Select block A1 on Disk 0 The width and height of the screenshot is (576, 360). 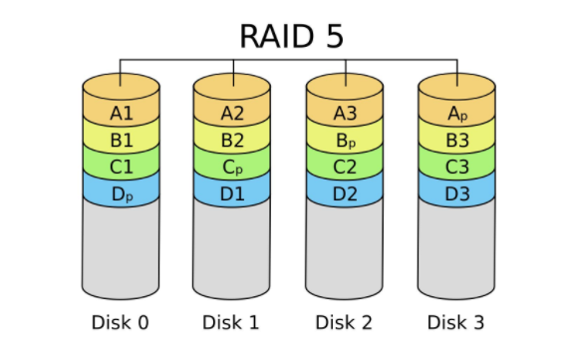point(121,112)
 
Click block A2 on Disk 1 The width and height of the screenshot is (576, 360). point(232,112)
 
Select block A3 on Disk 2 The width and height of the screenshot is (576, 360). point(345,112)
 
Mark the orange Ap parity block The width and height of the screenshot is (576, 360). point(456,112)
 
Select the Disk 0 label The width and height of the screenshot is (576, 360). point(121,322)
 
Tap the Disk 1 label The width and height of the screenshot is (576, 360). point(232,322)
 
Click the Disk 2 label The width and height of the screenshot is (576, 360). point(345,322)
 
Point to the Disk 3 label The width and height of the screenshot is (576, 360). point(456,322)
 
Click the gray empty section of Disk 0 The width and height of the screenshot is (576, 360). point(121,249)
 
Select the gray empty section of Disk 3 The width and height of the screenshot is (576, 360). point(456,249)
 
